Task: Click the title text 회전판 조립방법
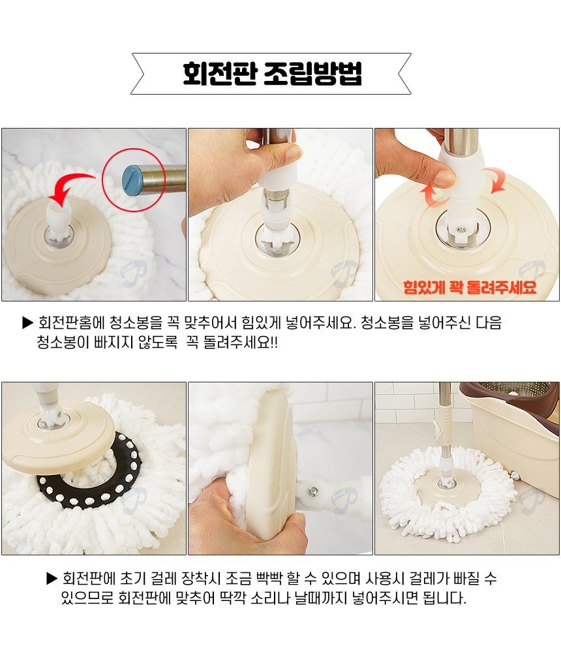coord(272,74)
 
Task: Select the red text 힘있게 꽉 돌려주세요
coord(469,287)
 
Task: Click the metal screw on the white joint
coord(313,491)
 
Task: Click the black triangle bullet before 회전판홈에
coord(28,322)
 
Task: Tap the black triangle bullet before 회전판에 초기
coord(52,578)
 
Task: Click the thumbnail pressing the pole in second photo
coord(292,154)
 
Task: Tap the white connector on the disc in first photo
coord(57,215)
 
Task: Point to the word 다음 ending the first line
coord(489,322)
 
